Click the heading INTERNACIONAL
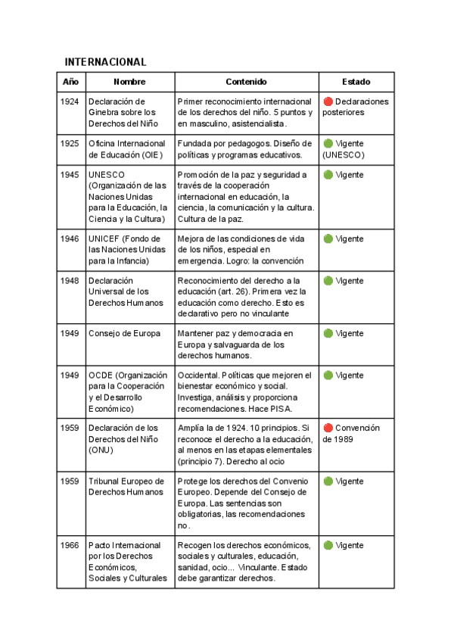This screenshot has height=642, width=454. (x=105, y=61)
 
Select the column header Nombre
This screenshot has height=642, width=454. (x=129, y=82)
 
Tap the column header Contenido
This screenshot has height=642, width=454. (x=246, y=82)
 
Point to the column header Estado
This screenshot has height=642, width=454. (x=356, y=82)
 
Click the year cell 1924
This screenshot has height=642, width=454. (x=70, y=101)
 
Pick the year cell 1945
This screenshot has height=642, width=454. (x=70, y=175)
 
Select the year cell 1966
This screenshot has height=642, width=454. (x=70, y=545)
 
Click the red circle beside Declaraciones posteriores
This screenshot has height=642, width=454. (x=328, y=101)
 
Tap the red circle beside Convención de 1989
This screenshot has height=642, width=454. (x=328, y=428)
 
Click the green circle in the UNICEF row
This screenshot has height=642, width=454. (x=328, y=238)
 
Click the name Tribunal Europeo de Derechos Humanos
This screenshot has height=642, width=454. (x=126, y=486)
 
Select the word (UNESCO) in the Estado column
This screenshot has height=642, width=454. (x=344, y=154)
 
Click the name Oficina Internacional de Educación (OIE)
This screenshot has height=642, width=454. (x=126, y=148)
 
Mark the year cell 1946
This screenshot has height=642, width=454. (x=70, y=238)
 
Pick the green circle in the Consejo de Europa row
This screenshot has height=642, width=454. (x=328, y=333)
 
